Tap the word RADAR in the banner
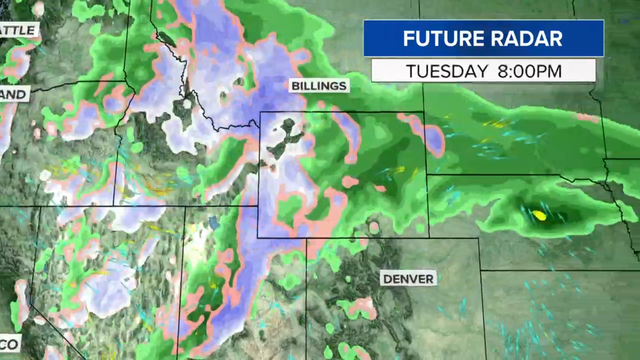point(525,40)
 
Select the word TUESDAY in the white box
point(447,71)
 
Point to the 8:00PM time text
point(530,71)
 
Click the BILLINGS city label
point(318,86)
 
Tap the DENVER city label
point(408,278)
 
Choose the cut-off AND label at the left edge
point(14,93)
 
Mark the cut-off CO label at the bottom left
point(9,344)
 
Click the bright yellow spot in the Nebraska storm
point(540,214)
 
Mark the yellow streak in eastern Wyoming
point(398,171)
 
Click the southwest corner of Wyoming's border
point(258,237)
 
